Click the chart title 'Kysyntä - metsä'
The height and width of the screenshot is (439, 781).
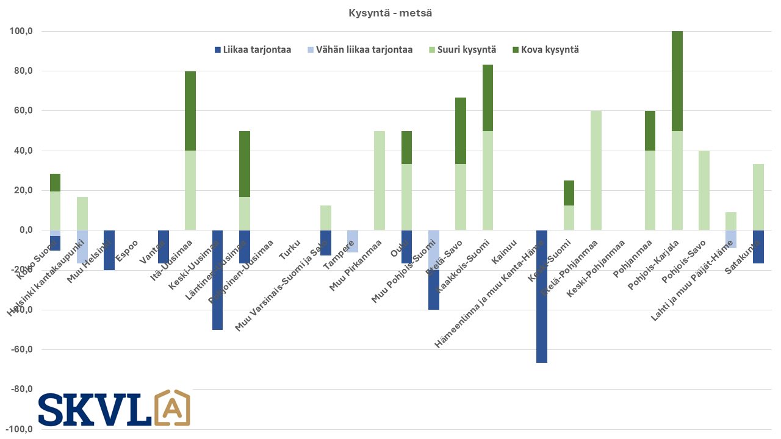[x=390, y=13]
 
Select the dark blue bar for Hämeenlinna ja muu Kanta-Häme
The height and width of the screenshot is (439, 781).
[x=542, y=296]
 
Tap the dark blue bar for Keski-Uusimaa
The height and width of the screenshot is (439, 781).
[x=217, y=280]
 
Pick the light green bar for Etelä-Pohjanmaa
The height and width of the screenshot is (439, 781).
[x=596, y=171]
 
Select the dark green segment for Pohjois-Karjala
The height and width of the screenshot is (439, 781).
[x=677, y=81]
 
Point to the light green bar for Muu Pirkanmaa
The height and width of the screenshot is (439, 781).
[x=380, y=180]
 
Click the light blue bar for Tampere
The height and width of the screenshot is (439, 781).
[x=353, y=241]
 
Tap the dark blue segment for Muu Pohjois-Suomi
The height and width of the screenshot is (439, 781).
[x=433, y=290]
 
